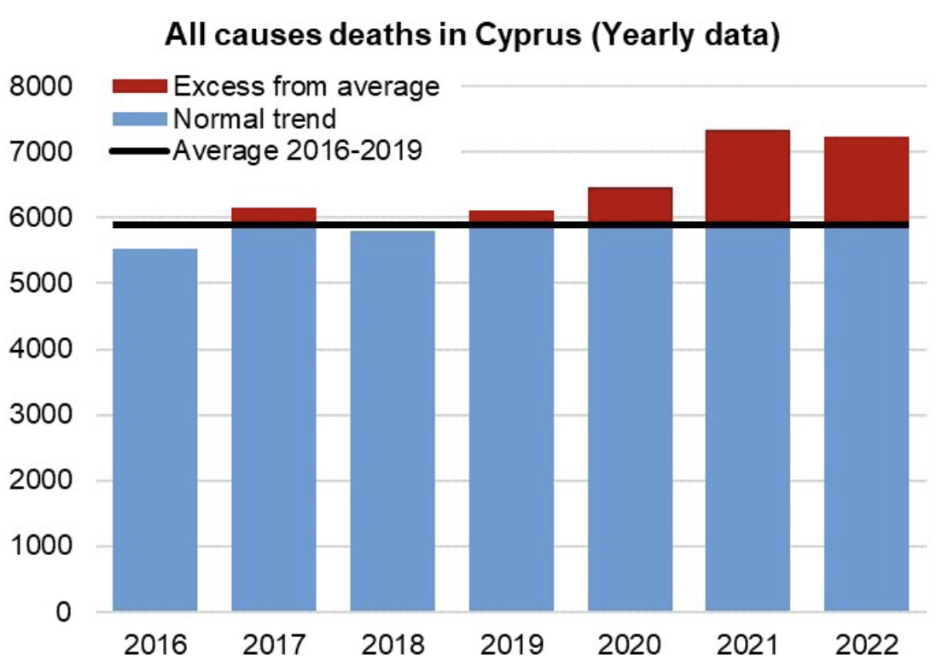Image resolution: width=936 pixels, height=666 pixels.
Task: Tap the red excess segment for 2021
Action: pyautogui.click(x=747, y=177)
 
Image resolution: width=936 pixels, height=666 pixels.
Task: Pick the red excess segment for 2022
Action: pyautogui.click(x=865, y=180)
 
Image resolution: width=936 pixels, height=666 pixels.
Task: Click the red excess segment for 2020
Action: pyautogui.click(x=630, y=205)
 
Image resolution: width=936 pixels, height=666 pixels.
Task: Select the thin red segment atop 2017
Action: pyautogui.click(x=273, y=214)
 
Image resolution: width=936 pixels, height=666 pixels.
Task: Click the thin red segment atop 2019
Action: pyautogui.click(x=510, y=216)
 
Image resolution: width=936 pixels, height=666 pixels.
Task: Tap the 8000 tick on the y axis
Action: pyautogui.click(x=43, y=86)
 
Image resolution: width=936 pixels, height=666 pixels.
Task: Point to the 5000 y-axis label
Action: pyautogui.click(x=43, y=283)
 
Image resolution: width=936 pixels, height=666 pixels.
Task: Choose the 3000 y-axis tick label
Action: pyautogui.click(x=43, y=415)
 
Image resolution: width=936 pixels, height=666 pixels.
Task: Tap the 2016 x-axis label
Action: pyautogui.click(x=154, y=643)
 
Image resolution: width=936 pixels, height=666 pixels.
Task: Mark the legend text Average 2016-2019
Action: pyautogui.click(x=297, y=151)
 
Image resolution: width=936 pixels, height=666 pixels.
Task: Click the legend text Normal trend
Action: pyautogui.click(x=254, y=118)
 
